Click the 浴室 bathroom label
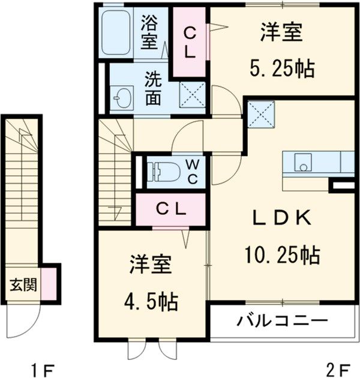(149, 32)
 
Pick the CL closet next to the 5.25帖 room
(190, 43)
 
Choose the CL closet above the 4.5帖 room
(171, 209)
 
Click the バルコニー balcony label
(281, 319)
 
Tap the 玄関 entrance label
(23, 284)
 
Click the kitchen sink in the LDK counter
(302, 161)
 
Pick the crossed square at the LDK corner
(260, 114)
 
